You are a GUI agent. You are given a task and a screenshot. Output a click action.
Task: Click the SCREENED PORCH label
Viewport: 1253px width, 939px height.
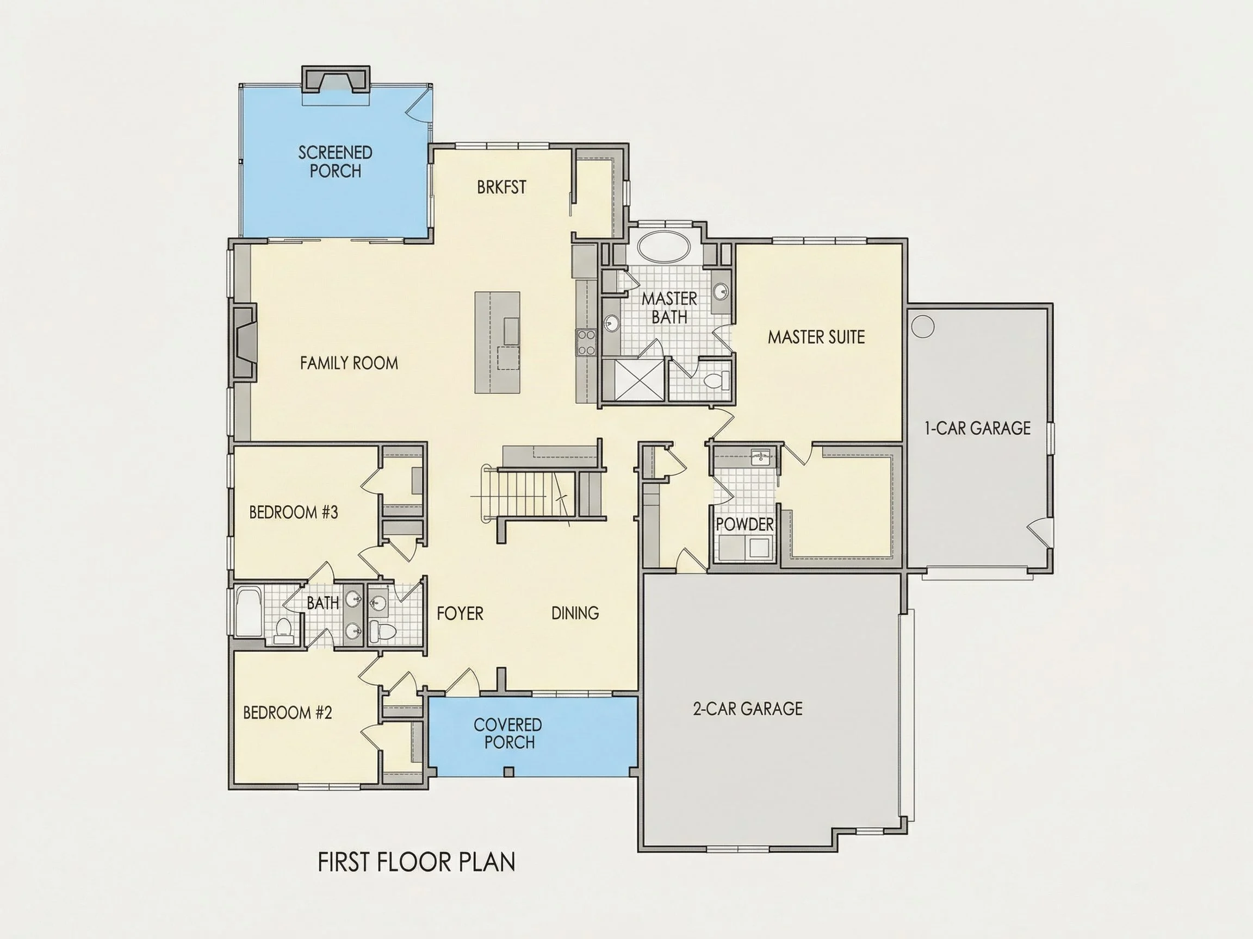336,161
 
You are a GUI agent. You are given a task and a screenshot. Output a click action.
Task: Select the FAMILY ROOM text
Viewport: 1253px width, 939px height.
349,363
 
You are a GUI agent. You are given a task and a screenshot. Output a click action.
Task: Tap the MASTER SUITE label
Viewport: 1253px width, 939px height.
816,337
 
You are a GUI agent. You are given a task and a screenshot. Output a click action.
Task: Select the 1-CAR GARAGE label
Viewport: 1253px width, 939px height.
977,428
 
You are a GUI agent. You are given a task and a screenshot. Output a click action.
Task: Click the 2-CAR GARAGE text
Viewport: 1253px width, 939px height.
748,708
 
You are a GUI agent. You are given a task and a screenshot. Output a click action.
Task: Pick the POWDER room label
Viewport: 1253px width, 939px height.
745,524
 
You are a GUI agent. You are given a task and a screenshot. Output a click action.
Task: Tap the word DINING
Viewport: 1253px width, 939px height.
575,612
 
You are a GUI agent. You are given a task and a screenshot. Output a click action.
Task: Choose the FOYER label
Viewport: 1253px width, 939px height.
460,613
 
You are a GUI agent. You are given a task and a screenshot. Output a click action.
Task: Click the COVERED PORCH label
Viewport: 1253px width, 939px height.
508,733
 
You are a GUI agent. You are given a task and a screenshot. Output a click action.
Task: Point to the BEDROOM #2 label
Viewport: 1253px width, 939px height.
287,712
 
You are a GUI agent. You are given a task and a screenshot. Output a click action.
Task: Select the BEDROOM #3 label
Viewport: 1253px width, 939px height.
294,512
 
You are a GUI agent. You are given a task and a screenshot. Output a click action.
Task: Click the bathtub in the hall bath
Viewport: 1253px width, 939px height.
248,612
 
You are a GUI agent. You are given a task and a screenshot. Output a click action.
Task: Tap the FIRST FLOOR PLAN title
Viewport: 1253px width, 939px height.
417,862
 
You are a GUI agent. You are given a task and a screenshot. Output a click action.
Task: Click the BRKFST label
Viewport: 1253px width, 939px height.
501,187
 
